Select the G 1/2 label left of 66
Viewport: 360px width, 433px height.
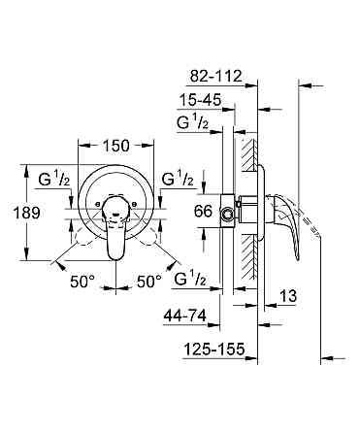pos(177,182)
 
